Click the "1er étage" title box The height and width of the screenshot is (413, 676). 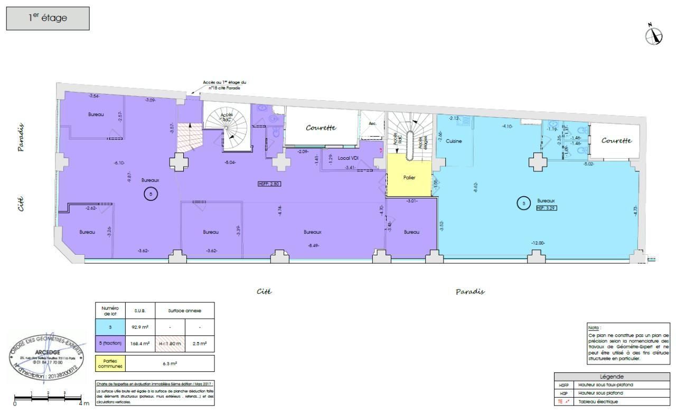pos(48,18)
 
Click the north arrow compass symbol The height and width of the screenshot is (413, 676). pos(654,35)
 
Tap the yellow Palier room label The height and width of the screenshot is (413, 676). pos(409,178)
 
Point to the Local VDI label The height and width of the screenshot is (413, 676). pos(348,158)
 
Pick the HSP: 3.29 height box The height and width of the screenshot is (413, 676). pos(547,208)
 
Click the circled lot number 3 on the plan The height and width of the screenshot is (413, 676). pos(523,203)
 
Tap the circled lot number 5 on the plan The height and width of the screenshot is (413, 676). pos(151,195)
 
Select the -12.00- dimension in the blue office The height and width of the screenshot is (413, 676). pos(538,243)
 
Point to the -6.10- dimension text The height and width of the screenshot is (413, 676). pos(119,162)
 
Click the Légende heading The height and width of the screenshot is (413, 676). pos(612,377)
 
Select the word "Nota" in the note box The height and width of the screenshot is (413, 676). pos(594,328)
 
